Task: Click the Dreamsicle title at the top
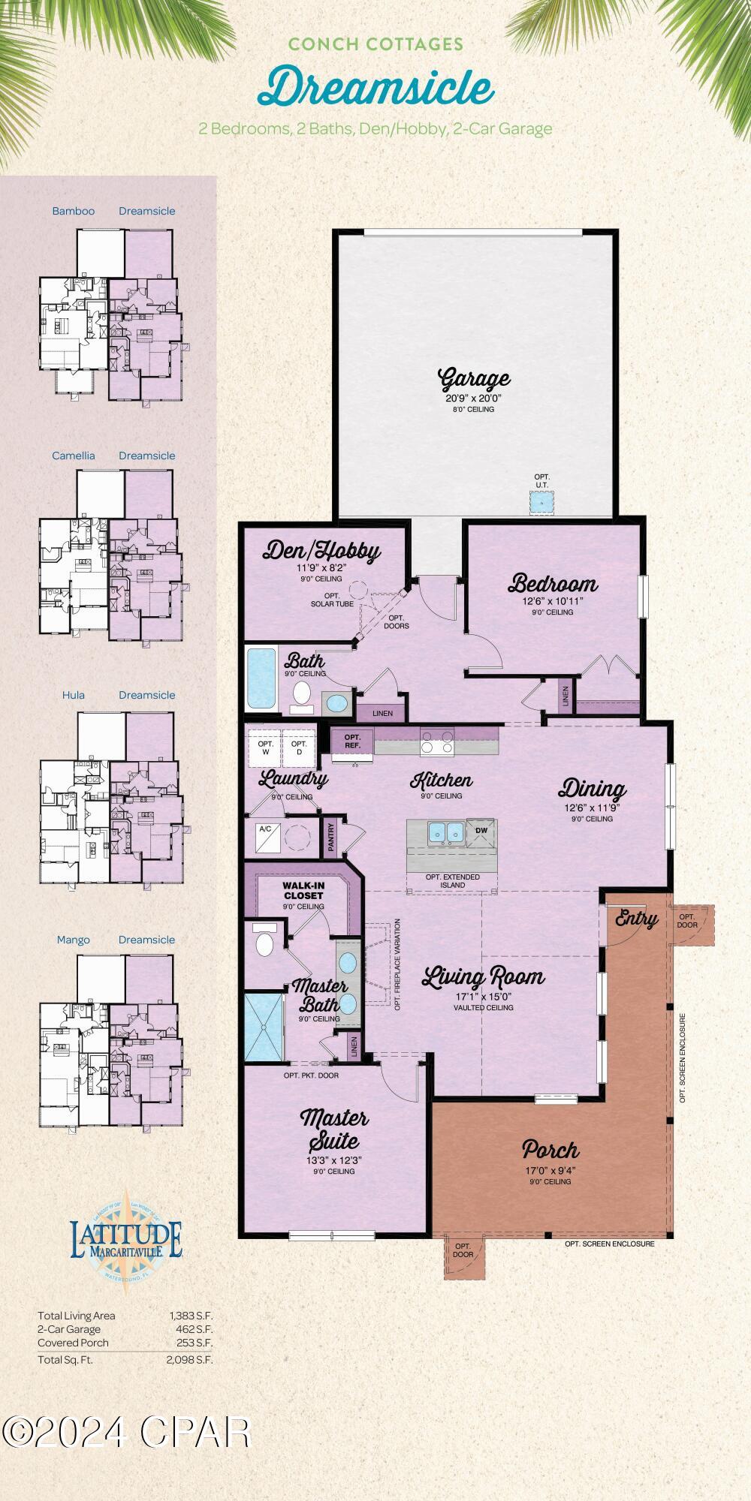click(375, 88)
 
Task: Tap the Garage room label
click(474, 378)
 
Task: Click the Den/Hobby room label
click(321, 552)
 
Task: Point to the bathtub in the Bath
click(261, 679)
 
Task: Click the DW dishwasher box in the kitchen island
click(481, 831)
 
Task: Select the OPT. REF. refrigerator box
click(352, 741)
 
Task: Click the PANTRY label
click(331, 838)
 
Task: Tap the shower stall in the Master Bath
click(264, 1027)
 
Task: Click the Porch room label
click(550, 1149)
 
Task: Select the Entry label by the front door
click(635, 919)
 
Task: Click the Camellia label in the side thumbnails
click(74, 456)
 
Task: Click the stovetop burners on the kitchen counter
click(436, 742)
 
